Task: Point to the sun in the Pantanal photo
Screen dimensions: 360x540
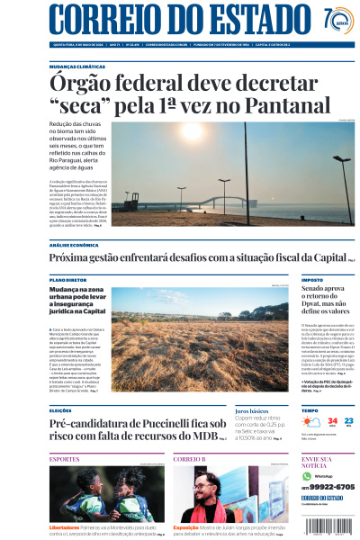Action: click(192, 132)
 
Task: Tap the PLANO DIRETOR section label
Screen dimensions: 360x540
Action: click(68, 280)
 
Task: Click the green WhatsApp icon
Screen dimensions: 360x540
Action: click(307, 475)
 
